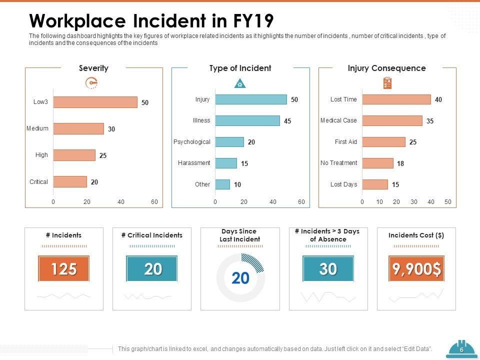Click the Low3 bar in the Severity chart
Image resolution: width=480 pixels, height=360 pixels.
point(95,102)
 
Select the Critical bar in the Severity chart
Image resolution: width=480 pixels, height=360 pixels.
point(70,182)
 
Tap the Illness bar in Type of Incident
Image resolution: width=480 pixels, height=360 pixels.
point(247,120)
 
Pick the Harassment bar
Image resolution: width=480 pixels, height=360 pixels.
point(226,163)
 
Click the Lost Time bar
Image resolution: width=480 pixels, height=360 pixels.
point(396,99)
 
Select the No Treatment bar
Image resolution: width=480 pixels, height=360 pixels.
point(377,163)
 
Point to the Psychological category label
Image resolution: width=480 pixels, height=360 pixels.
point(192,142)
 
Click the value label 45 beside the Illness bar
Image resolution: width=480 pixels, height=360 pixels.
point(287,121)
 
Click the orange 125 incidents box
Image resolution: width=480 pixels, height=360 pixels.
point(64,269)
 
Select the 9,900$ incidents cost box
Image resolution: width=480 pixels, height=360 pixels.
point(416,269)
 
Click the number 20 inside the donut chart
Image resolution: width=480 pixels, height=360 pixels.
point(240,278)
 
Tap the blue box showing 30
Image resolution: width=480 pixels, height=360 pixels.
point(328,269)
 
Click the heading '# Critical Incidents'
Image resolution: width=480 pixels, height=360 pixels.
point(152,235)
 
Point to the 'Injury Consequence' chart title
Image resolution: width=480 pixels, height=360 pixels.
point(386,68)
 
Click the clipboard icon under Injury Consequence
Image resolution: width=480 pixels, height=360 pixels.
point(387,83)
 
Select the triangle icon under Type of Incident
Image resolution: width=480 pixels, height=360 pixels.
point(240,83)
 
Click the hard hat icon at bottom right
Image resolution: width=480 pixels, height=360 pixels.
point(461,349)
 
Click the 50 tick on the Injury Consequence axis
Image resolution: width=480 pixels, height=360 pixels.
point(447,202)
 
